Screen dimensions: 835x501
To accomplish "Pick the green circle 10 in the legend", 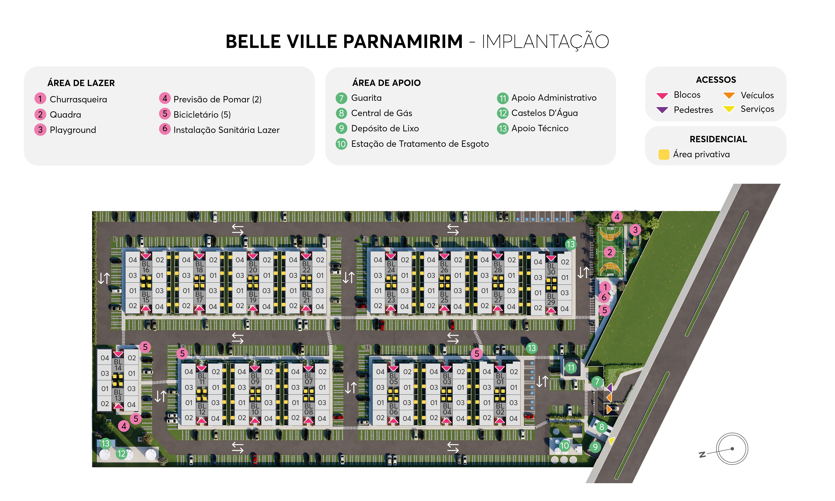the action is click(x=341, y=144).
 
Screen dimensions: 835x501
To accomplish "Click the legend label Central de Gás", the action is click(x=381, y=113).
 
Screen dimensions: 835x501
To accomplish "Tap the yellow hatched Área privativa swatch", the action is click(x=664, y=155).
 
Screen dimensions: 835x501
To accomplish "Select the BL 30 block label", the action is click(x=551, y=269).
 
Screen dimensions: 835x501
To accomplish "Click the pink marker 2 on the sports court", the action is click(x=609, y=252).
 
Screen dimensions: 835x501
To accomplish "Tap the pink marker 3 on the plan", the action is click(x=635, y=230).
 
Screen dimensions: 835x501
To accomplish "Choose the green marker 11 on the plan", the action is click(x=571, y=368).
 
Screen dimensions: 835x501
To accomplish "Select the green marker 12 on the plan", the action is click(x=121, y=453).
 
